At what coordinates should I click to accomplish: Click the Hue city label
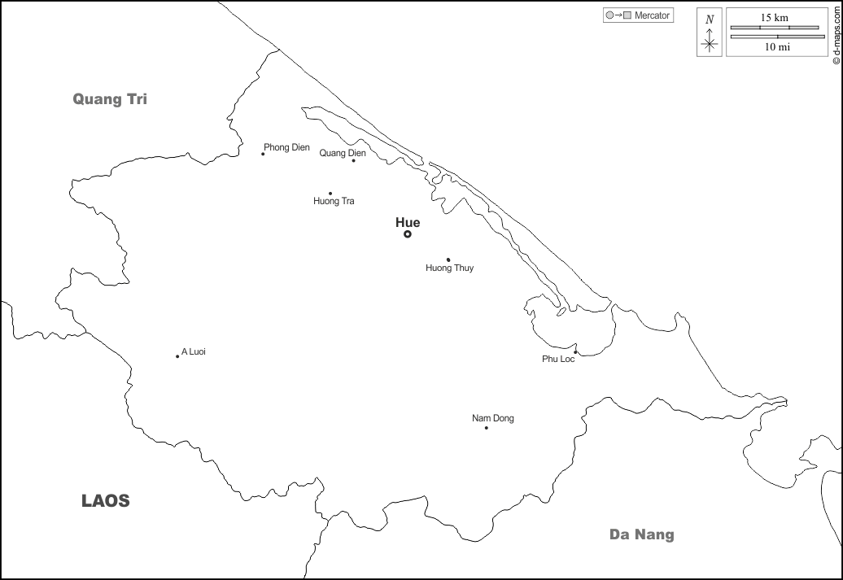click(x=408, y=222)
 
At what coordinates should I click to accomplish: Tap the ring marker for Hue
click(x=408, y=234)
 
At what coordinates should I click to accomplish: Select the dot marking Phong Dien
click(x=263, y=154)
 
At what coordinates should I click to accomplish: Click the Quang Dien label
click(x=343, y=152)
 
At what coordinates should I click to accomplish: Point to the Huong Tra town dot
click(x=330, y=194)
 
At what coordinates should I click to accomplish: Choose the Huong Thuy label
click(x=449, y=268)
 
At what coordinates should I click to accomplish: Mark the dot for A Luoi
click(x=177, y=356)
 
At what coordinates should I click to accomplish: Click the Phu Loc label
click(x=558, y=359)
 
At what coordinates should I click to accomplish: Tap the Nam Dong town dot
click(x=487, y=428)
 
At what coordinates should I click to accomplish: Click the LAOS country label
click(x=106, y=501)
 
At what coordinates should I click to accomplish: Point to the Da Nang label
click(x=642, y=534)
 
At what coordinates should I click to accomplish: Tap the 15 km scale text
click(x=774, y=17)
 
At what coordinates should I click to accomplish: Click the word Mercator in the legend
click(x=653, y=15)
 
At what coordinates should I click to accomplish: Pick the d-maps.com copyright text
click(x=836, y=33)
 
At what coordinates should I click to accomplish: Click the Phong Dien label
click(x=286, y=147)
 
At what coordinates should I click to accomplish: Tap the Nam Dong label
click(x=493, y=418)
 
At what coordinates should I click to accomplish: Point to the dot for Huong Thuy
click(x=448, y=259)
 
